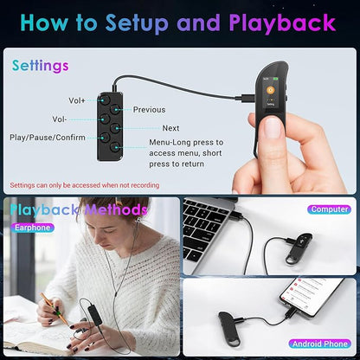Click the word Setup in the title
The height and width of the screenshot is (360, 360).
(x=137, y=23)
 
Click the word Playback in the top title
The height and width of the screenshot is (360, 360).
(x=282, y=23)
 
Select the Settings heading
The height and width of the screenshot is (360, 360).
(x=41, y=66)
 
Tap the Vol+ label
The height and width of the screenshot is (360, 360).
(x=77, y=100)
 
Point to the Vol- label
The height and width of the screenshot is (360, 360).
(x=60, y=119)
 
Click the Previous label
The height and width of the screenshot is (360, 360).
(x=149, y=110)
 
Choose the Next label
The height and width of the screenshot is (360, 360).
(x=170, y=128)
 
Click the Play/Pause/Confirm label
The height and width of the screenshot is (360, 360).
(x=48, y=138)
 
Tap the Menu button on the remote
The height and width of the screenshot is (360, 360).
(x=115, y=147)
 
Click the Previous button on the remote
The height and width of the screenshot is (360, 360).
(x=115, y=109)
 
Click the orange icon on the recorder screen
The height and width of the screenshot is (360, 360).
(x=270, y=90)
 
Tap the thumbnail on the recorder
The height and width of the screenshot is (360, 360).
(x=273, y=128)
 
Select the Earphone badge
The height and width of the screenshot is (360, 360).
(x=33, y=228)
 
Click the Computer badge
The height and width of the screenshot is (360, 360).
(x=330, y=209)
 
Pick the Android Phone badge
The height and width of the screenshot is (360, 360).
(x=320, y=344)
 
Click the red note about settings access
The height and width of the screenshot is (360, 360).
(x=85, y=185)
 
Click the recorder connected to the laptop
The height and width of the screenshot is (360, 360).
(x=299, y=247)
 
